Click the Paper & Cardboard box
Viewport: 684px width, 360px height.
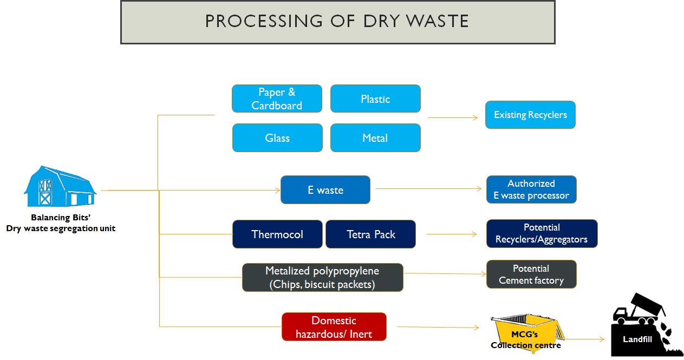click(x=277, y=99)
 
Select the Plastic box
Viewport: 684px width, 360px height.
click(x=375, y=99)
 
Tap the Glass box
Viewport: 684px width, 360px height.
click(x=277, y=138)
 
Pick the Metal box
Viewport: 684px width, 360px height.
click(x=375, y=138)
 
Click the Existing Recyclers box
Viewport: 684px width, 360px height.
click(x=530, y=115)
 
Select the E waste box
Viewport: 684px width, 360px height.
click(x=325, y=190)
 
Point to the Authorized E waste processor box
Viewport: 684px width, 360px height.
click(x=531, y=189)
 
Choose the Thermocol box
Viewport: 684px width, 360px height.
click(x=277, y=234)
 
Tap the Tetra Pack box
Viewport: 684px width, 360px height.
click(x=370, y=234)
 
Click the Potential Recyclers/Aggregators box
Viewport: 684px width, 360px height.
click(x=542, y=233)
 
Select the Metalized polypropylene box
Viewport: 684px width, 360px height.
click(x=322, y=277)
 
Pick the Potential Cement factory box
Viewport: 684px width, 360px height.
click(x=531, y=274)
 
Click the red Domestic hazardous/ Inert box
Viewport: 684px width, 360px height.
click(x=334, y=326)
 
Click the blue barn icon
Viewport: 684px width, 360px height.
click(x=60, y=187)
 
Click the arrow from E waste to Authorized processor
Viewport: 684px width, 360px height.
click(x=428, y=188)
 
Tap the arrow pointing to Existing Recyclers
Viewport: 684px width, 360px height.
click(x=452, y=117)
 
